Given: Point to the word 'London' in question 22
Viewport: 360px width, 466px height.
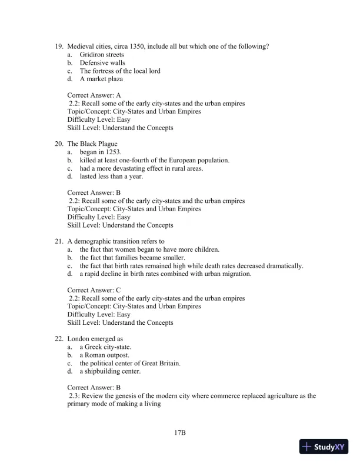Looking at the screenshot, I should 78,339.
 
